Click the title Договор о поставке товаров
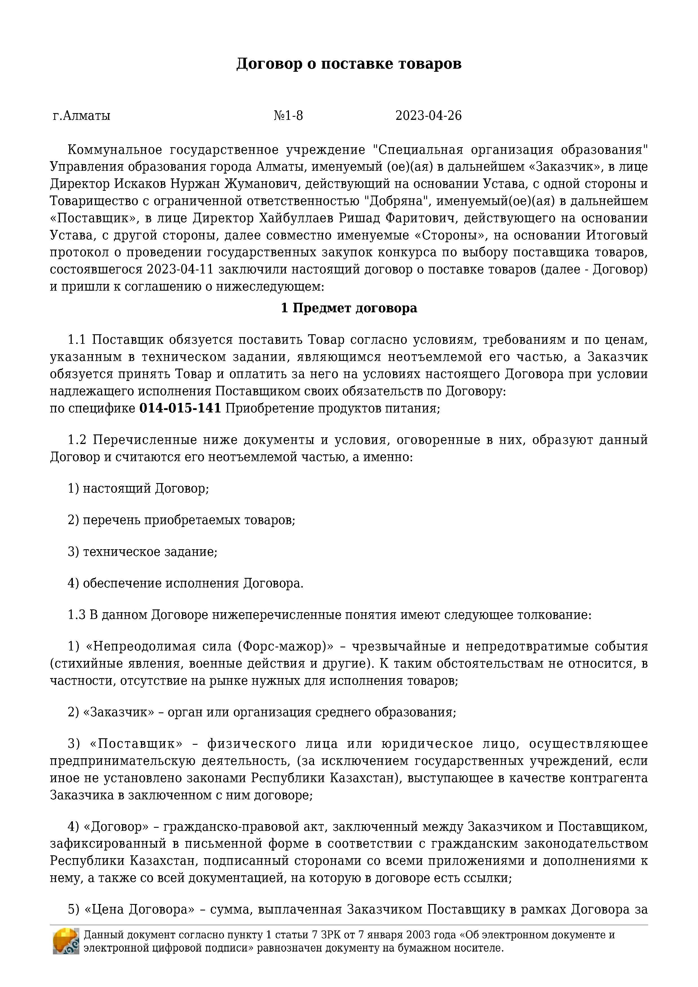click(x=349, y=64)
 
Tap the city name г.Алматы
click(x=81, y=116)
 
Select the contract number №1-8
click(x=288, y=116)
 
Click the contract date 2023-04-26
click(x=428, y=116)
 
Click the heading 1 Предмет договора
click(x=349, y=308)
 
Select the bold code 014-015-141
click(x=180, y=408)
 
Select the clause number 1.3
click(x=77, y=615)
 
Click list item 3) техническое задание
click(x=142, y=551)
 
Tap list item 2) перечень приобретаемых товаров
click(x=181, y=520)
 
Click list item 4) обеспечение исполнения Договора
click(x=185, y=583)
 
